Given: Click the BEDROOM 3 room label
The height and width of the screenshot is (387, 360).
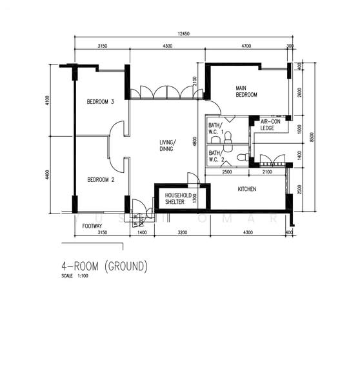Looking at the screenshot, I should pyautogui.click(x=100, y=102).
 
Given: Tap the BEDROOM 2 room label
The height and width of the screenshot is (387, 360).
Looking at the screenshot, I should pyautogui.click(x=100, y=180).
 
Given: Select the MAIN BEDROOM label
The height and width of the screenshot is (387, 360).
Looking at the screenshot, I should pyautogui.click(x=246, y=92).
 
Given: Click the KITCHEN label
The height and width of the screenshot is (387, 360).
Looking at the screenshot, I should pyautogui.click(x=247, y=189).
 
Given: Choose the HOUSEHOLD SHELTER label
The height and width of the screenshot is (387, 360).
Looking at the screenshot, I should pyautogui.click(x=175, y=198).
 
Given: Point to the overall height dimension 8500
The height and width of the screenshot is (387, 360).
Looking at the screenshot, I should pyautogui.click(x=312, y=137).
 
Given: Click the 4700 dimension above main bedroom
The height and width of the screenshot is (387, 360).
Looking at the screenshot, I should pyautogui.click(x=245, y=46).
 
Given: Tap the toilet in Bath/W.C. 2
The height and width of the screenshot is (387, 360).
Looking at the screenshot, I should pyautogui.click(x=241, y=156).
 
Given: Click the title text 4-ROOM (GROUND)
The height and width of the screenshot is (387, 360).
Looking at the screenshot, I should pyautogui.click(x=105, y=266).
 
